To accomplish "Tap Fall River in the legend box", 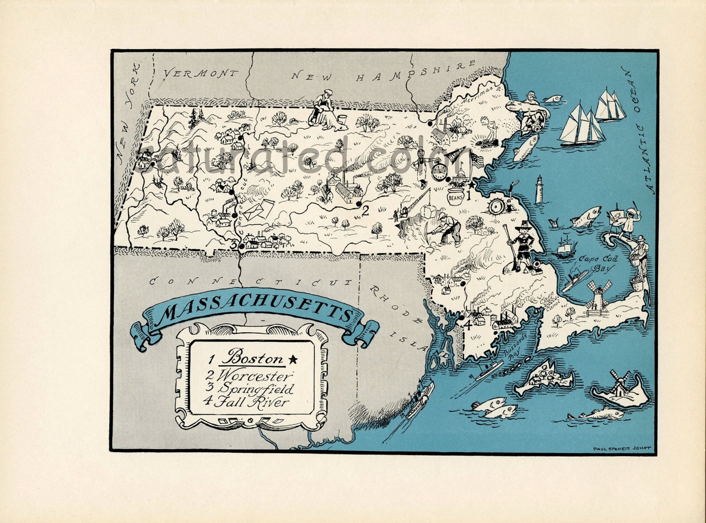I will pyautogui.click(x=251, y=402).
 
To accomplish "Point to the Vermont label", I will pyautogui.click(x=200, y=74).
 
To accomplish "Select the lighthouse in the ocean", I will pyautogui.click(x=539, y=188).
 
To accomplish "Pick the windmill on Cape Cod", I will pyautogui.click(x=595, y=294).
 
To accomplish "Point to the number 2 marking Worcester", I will pyautogui.click(x=365, y=211).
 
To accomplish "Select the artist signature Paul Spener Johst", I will pyautogui.click(x=622, y=448).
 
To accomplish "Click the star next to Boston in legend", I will pyautogui.click(x=293, y=359).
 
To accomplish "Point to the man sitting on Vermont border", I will pyautogui.click(x=322, y=107).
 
